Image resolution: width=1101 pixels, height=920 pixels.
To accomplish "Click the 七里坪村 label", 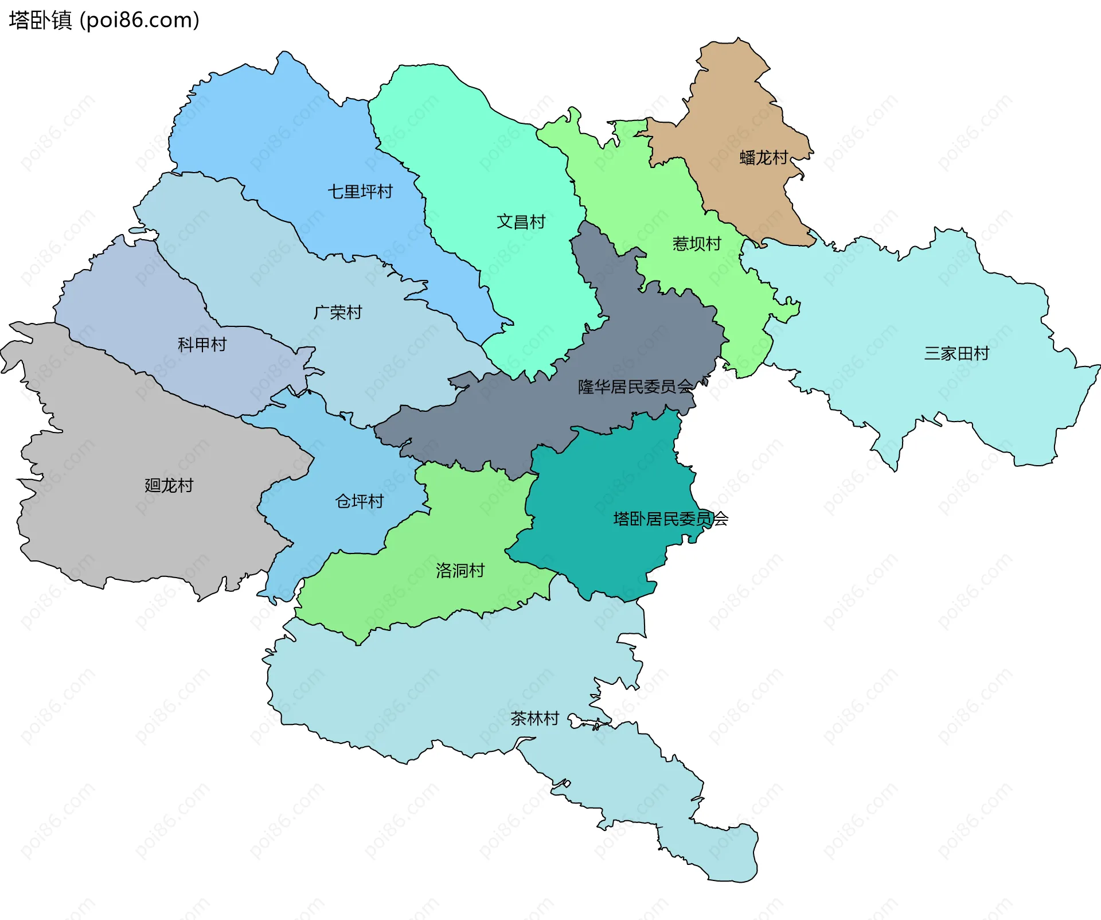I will click(360, 192).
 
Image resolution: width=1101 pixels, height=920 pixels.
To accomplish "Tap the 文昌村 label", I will click(521, 221).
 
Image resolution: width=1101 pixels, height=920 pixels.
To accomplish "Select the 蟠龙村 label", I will click(763, 157).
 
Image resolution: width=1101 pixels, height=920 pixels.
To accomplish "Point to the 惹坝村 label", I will click(697, 244).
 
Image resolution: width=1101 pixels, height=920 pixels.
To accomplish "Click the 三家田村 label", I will click(956, 353).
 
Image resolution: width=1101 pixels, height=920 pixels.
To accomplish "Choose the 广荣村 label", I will click(338, 313).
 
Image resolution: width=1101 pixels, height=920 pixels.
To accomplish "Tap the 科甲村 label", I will click(202, 344).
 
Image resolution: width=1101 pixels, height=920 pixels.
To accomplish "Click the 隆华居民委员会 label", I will click(635, 387).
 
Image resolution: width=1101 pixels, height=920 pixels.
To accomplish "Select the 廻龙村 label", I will click(169, 485).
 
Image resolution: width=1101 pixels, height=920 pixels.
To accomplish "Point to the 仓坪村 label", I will click(359, 501).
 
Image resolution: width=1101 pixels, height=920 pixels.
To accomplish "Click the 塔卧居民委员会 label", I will click(670, 519).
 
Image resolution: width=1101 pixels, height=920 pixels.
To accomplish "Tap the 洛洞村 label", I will click(460, 570).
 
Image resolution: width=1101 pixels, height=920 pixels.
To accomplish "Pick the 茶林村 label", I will click(534, 718).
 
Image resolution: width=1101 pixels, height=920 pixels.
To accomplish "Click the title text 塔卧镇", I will click(40, 20).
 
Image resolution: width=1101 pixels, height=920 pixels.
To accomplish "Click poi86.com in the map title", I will click(139, 20).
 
